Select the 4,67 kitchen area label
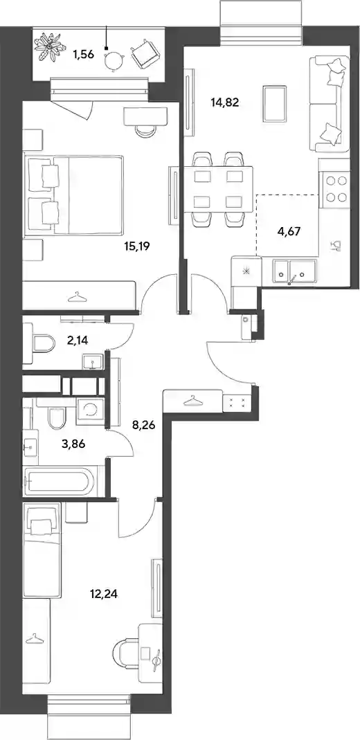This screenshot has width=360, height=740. pos(287,231)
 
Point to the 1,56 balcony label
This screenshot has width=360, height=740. pos(83,54)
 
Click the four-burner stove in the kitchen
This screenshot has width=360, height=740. pos(334,189)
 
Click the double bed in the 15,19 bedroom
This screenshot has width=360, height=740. pos(76,195)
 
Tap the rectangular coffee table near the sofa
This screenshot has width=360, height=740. pos(275,103)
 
